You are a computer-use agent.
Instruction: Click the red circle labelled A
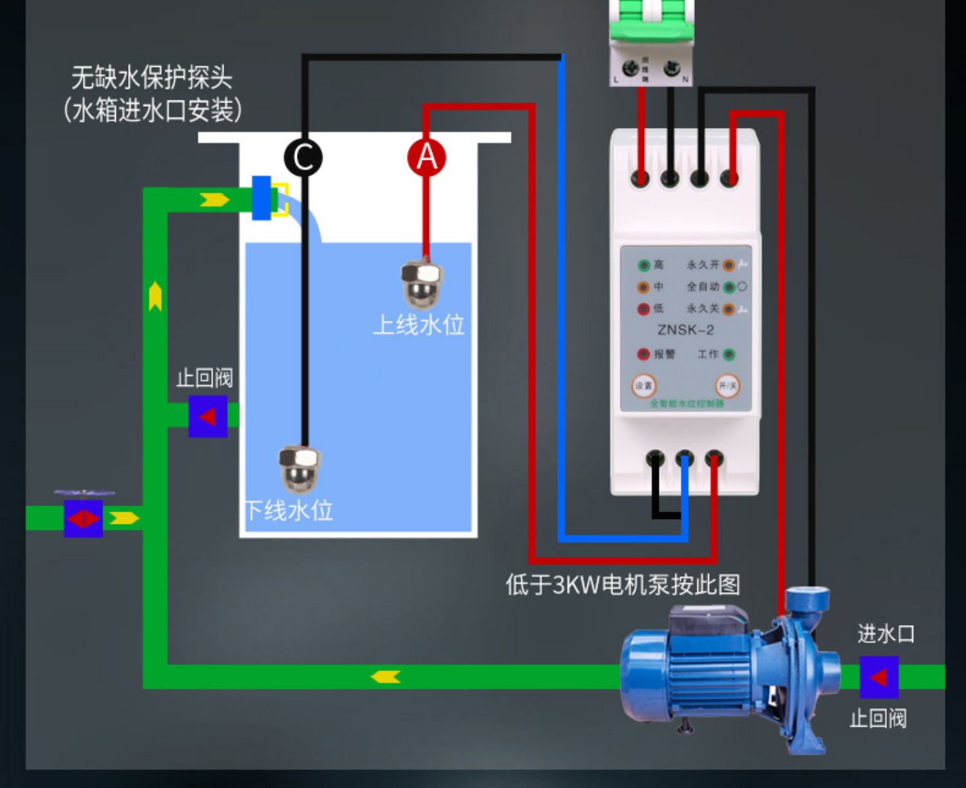(426, 158)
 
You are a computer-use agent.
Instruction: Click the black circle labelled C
(303, 158)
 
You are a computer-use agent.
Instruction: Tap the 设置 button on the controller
(643, 386)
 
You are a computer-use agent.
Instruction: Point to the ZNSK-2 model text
(685, 330)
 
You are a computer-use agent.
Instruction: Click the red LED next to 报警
(643, 354)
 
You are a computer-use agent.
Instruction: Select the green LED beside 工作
(729, 354)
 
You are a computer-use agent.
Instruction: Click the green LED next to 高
(643, 265)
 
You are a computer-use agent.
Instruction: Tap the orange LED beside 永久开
(728, 265)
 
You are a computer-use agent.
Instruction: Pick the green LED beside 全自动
(728, 287)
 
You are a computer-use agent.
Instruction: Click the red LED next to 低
(643, 309)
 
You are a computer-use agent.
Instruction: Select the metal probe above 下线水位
(299, 468)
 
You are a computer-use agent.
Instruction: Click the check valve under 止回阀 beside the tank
(207, 417)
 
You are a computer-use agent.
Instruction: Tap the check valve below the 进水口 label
(878, 677)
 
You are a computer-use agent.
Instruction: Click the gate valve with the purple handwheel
(84, 517)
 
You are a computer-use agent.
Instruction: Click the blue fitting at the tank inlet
(261, 198)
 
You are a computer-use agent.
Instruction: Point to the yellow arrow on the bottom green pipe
(386, 677)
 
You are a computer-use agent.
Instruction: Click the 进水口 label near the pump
(885, 634)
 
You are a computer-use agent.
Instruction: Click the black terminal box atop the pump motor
(707, 623)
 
